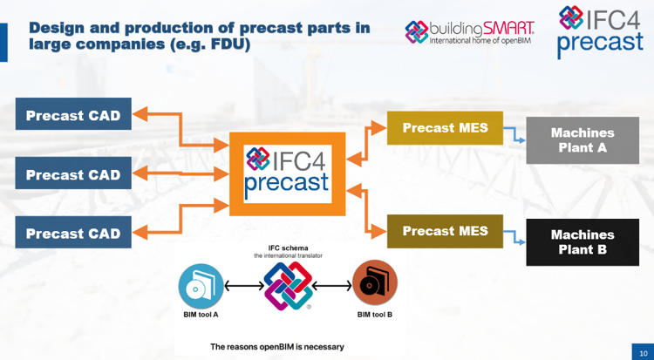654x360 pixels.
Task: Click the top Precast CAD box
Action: pyautogui.click(x=73, y=115)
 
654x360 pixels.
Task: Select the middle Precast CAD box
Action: pyautogui.click(x=73, y=174)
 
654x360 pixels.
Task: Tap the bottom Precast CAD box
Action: pyautogui.click(x=73, y=233)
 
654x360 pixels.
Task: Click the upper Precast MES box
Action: pyautogui.click(x=445, y=128)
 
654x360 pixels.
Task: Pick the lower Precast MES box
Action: pyautogui.click(x=445, y=231)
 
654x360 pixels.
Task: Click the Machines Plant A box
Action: pyautogui.click(x=582, y=140)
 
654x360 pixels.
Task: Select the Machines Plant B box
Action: pyautogui.click(x=582, y=242)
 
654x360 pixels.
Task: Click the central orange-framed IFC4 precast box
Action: pyautogui.click(x=287, y=173)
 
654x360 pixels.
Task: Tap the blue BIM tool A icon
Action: pyautogui.click(x=201, y=285)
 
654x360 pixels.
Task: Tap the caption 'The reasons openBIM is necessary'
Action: pyautogui.click(x=277, y=347)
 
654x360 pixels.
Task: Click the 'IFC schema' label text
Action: pyautogui.click(x=288, y=248)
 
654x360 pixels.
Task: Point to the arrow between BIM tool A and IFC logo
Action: pyautogui.click(x=243, y=285)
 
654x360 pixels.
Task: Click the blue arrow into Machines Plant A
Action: pyautogui.click(x=515, y=134)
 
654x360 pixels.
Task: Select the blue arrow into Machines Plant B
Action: pyautogui.click(x=515, y=236)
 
